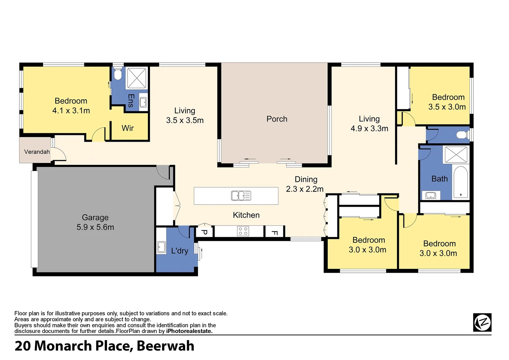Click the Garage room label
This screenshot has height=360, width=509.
coord(95,218)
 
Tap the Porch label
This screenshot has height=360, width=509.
coord(277,119)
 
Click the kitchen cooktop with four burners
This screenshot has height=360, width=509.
coord(243,231)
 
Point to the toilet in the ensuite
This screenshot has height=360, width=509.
coord(118,75)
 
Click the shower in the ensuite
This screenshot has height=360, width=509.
coord(137,78)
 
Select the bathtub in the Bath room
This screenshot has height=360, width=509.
coord(461,182)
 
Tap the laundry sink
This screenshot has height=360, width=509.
coord(161,247)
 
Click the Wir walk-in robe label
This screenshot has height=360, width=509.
coord(128,128)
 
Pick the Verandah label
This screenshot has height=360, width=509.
coord(37,152)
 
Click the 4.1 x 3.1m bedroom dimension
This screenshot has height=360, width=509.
coord(71,111)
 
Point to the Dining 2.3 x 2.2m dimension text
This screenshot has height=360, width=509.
coord(304,189)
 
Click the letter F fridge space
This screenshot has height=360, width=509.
coord(274,232)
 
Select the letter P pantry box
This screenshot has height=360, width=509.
coord(205,232)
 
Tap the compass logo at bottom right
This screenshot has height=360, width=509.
coord(482,322)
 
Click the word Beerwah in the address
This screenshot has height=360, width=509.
coord(165,346)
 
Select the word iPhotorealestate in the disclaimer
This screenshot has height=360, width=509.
coord(189,331)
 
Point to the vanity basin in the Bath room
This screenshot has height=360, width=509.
coord(431,195)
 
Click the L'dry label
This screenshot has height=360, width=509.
coord(180,251)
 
